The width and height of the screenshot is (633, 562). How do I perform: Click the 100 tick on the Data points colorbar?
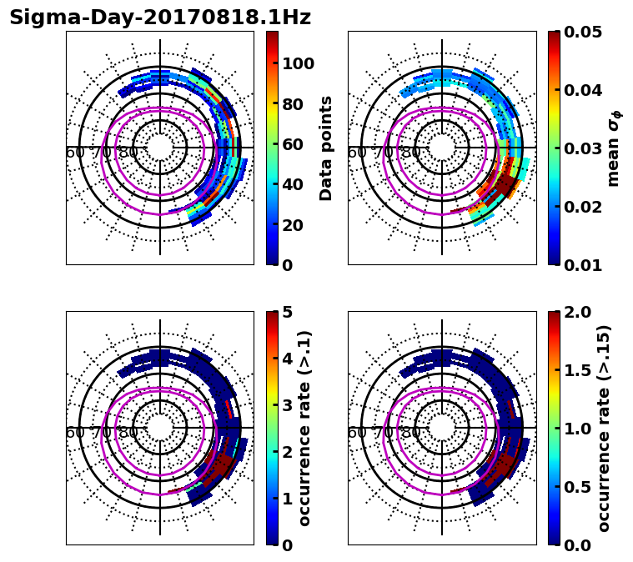click(298, 63)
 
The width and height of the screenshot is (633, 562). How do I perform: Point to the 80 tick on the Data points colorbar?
click(294, 104)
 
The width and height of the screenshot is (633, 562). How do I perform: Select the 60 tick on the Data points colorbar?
click(294, 144)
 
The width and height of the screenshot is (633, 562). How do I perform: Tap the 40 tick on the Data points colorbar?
click(294, 184)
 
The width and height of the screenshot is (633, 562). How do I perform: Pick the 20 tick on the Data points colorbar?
click(294, 225)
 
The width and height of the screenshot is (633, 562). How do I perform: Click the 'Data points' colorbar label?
click(326, 148)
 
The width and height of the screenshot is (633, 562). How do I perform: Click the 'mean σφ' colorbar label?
click(614, 148)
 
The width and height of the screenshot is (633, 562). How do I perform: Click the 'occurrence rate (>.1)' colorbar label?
click(304, 428)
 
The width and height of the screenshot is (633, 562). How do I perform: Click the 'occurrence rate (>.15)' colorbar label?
click(605, 428)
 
